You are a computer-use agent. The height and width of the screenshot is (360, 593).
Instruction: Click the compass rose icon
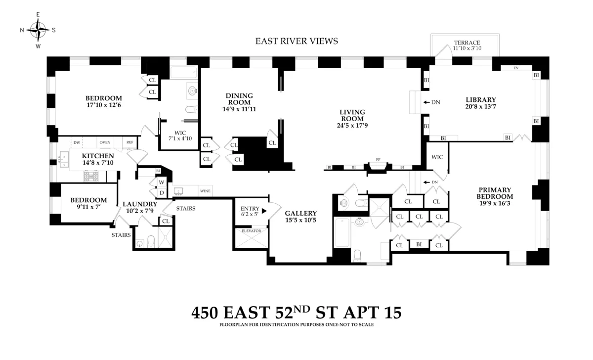[38, 30]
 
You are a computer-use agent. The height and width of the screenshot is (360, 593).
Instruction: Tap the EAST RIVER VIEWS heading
[296, 42]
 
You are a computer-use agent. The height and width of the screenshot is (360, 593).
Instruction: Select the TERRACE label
[467, 43]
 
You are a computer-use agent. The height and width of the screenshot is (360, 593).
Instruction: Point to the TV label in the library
[516, 68]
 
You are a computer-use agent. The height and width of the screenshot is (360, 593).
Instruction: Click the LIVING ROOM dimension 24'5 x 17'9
[352, 126]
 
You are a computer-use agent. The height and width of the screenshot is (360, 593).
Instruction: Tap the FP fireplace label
[378, 160]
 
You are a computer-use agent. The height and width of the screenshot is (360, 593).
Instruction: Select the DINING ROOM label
[239, 99]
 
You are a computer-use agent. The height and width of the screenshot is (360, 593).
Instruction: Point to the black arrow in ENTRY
[264, 211]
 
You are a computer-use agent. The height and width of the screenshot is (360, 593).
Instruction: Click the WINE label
[205, 191]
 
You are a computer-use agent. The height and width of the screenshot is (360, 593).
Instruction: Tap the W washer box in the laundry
[161, 182]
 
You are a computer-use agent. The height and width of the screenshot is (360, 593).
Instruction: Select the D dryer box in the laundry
[161, 192]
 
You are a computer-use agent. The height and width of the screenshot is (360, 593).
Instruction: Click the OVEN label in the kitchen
[105, 142]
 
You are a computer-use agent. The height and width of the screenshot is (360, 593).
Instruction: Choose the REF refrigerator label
[129, 142]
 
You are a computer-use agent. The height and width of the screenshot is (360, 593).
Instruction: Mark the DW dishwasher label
[77, 142]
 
